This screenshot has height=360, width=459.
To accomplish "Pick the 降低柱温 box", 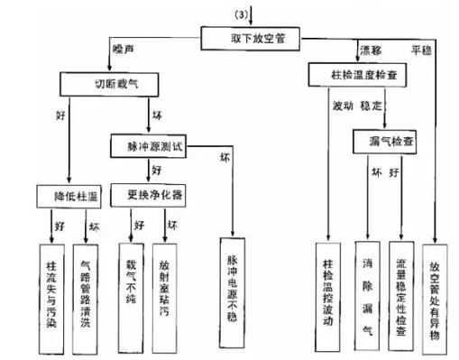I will coord(70,195).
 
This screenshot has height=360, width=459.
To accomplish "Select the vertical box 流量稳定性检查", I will coord(400,289).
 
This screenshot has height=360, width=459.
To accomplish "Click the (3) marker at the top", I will coord(241,11).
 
